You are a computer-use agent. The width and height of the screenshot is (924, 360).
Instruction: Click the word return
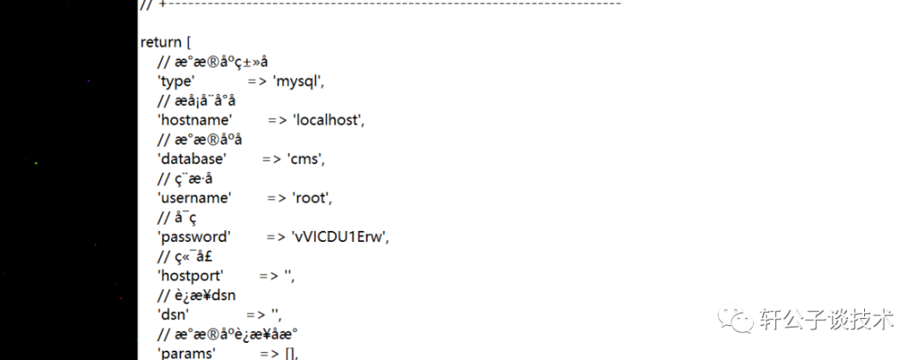(161, 42)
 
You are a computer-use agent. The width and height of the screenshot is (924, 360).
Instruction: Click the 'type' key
(177, 81)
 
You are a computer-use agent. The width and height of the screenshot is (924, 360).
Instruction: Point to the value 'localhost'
(329, 121)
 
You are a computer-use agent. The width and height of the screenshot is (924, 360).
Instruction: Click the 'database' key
(192, 159)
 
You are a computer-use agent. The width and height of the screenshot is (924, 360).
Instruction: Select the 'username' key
(194, 198)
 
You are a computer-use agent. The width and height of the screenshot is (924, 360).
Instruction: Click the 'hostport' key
(191, 275)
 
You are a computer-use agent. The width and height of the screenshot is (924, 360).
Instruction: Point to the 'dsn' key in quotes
(173, 314)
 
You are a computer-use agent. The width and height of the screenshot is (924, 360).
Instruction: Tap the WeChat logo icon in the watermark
(735, 321)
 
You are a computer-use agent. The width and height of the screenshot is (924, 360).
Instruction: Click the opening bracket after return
(191, 42)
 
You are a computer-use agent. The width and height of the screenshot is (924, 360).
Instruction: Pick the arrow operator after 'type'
(258, 81)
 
